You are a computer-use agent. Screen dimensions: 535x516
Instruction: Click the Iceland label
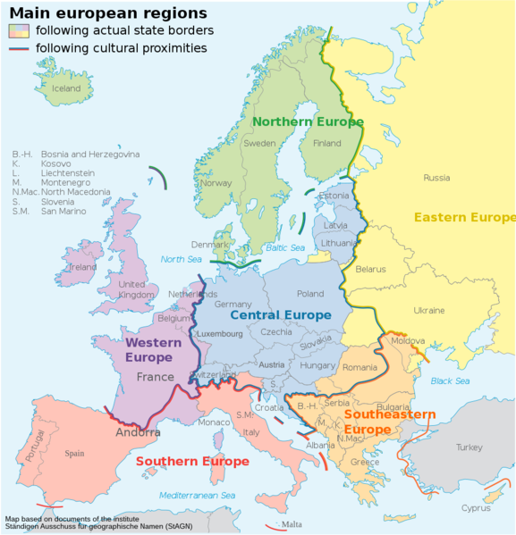click(x=66, y=88)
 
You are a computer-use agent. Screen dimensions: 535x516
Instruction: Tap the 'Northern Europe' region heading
click(x=307, y=121)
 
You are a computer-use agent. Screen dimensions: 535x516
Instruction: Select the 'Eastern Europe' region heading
click(x=464, y=217)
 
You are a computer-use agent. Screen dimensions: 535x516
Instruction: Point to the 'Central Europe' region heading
click(x=280, y=314)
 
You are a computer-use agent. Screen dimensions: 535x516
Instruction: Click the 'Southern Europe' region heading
click(x=191, y=462)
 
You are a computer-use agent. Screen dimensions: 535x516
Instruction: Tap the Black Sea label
click(x=450, y=381)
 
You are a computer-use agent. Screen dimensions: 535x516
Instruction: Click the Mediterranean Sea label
click(x=190, y=495)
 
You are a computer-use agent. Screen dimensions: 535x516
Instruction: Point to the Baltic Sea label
click(x=285, y=247)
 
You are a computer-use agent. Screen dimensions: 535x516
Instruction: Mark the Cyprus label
click(x=475, y=508)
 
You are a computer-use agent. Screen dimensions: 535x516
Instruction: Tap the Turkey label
click(x=469, y=447)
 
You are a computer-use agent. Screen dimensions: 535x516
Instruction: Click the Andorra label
click(x=138, y=432)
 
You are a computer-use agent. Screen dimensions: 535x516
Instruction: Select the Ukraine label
click(x=428, y=310)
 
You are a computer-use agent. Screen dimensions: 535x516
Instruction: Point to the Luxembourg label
click(x=220, y=334)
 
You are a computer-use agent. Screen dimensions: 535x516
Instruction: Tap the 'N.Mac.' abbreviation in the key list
click(x=24, y=192)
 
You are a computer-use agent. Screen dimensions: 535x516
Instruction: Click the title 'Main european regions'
click(x=108, y=13)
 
